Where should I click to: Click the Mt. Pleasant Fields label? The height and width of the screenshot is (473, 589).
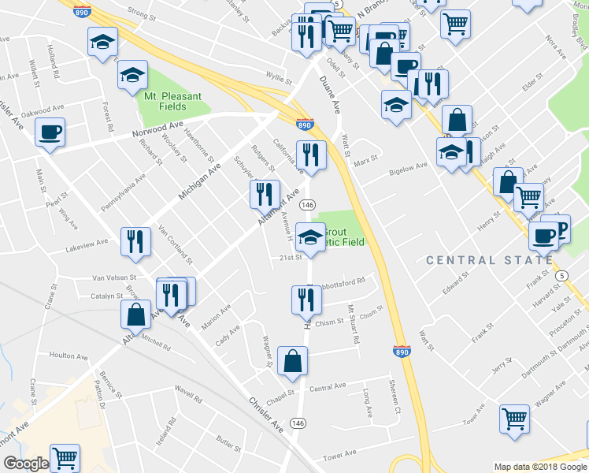[x=172, y=101]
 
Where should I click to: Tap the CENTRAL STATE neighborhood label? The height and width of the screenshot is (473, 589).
[x=489, y=260]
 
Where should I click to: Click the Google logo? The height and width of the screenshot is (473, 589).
[x=26, y=464]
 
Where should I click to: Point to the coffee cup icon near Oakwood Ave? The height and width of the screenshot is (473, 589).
[x=50, y=132]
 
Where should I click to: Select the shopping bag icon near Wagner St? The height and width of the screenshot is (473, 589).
[x=293, y=362]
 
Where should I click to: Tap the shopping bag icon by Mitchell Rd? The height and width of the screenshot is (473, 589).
[x=136, y=315]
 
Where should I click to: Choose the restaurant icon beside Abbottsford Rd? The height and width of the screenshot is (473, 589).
[x=306, y=300]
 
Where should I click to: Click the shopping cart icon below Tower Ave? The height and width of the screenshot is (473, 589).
[x=514, y=419]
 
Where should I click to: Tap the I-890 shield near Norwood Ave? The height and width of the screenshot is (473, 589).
[x=306, y=125]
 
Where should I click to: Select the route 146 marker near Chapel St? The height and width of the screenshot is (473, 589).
[x=298, y=423]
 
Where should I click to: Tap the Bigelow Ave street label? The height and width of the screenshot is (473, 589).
[x=409, y=166]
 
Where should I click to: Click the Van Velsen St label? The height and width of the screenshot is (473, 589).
[x=114, y=277]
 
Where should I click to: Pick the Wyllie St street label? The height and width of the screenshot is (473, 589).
[x=279, y=77]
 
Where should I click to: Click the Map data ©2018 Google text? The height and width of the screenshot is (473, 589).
[x=540, y=467]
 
